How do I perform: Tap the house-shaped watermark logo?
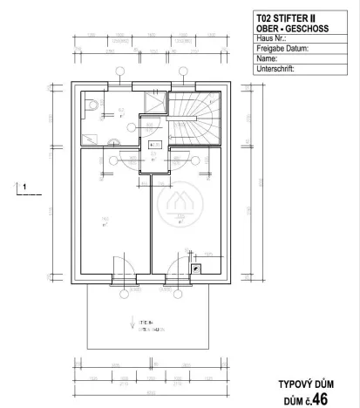tap(175, 208)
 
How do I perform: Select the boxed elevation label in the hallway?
tap(155, 144)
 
